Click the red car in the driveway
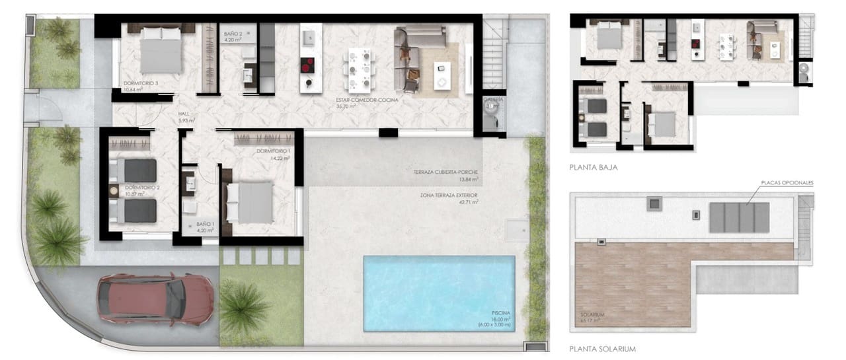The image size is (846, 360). pyautogui.click(x=156, y=299)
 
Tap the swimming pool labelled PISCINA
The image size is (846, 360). pyautogui.click(x=439, y=284)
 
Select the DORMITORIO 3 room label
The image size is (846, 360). pyautogui.click(x=141, y=83)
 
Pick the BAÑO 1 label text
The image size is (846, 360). pyautogui.click(x=206, y=224)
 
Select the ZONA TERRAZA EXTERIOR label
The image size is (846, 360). pyautogui.click(x=448, y=196)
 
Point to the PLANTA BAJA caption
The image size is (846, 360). pyautogui.click(x=593, y=168)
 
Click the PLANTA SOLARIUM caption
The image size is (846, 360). pyautogui.click(x=602, y=349)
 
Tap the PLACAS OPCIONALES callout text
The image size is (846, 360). pyautogui.click(x=787, y=182)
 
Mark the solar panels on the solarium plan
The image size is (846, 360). pyautogui.click(x=740, y=217)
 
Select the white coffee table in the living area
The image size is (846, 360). pyautogui.click(x=442, y=68)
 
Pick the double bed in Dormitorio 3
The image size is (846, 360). pyautogui.click(x=161, y=51)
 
